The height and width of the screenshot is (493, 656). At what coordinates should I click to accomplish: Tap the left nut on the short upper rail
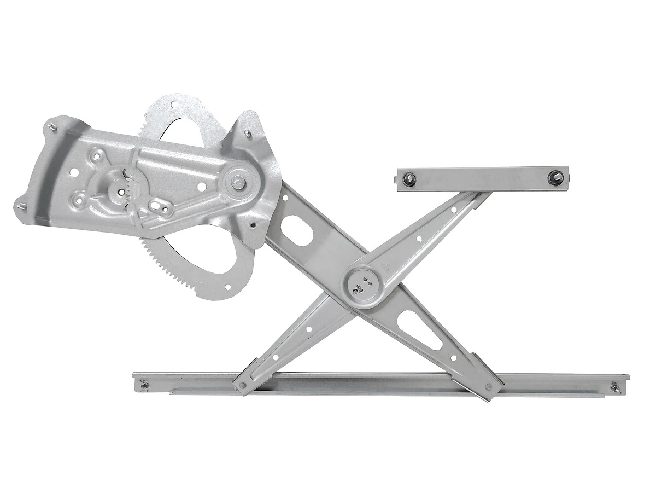(x=408, y=179)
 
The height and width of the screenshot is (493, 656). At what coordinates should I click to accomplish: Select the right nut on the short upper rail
(x=555, y=178)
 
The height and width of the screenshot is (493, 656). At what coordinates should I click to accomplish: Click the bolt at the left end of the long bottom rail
(x=145, y=386)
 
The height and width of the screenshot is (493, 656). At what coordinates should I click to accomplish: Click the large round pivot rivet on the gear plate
(x=238, y=179)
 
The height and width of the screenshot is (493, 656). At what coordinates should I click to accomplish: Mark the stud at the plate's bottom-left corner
(x=21, y=206)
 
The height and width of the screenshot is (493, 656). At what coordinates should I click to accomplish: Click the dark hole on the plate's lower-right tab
(x=252, y=224)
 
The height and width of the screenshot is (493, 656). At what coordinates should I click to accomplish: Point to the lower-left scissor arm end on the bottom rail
(x=243, y=384)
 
